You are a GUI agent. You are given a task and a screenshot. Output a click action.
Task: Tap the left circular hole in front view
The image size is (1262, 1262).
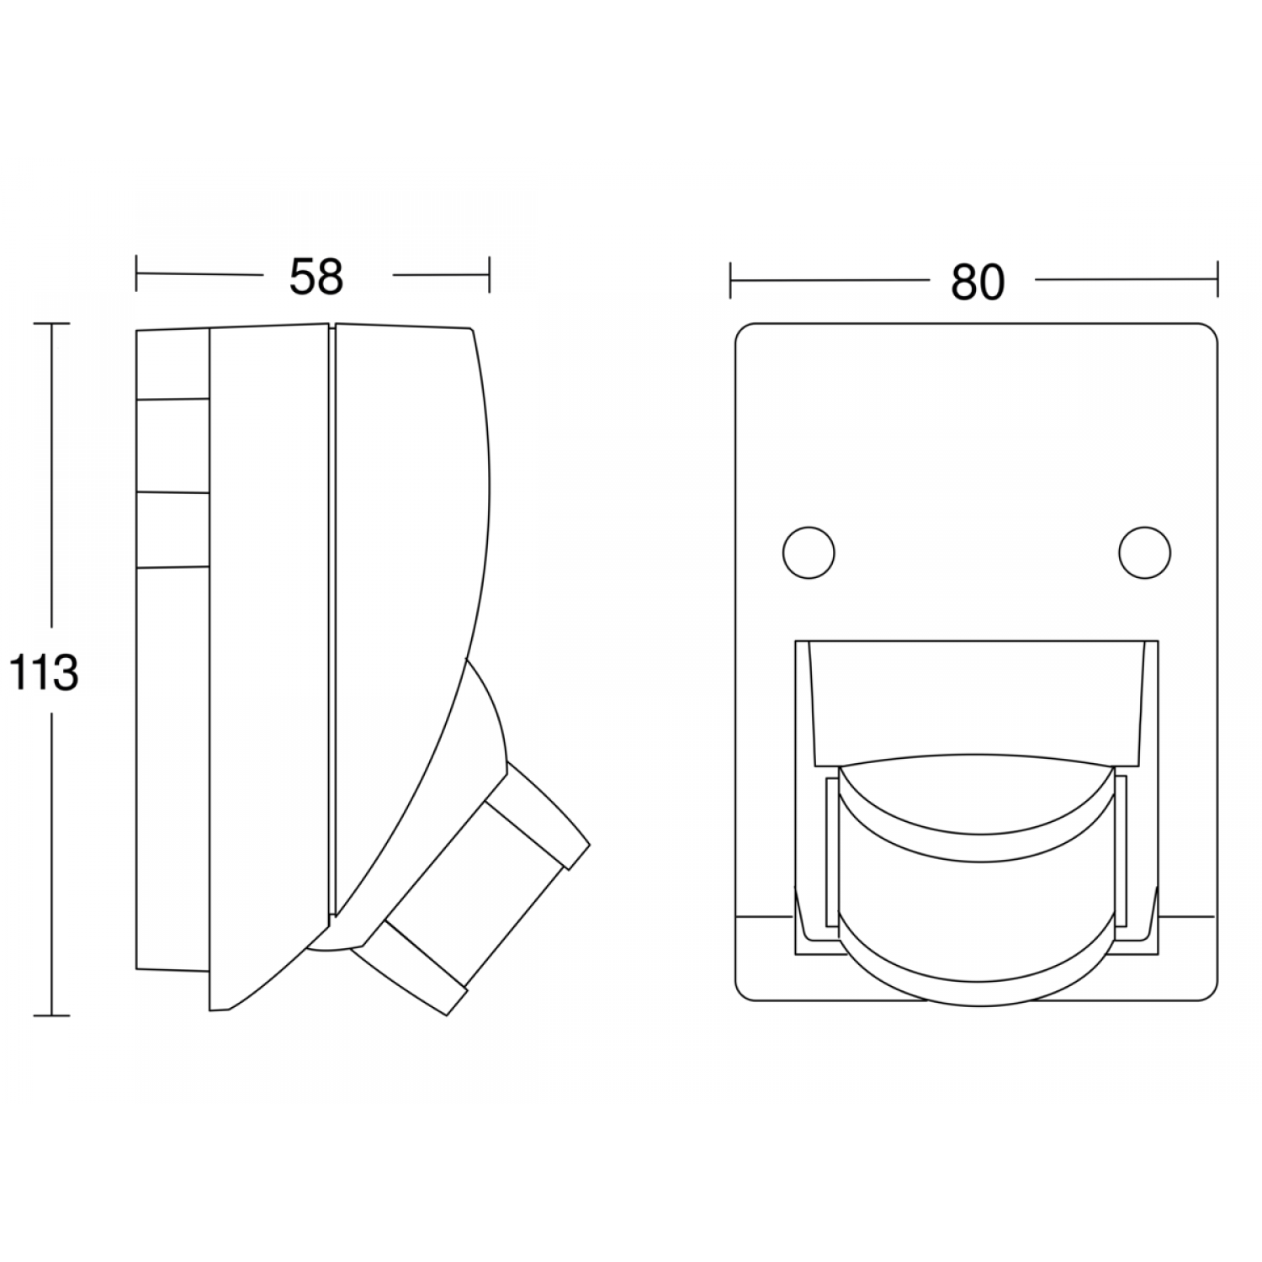point(809,553)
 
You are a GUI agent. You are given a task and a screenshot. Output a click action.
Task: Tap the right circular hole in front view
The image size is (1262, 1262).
point(1144,553)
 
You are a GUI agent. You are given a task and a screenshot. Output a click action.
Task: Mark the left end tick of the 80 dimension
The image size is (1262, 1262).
point(730,280)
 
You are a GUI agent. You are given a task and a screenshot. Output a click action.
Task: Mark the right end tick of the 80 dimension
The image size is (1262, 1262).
point(1217,280)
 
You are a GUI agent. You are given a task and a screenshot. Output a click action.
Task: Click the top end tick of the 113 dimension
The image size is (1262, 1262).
point(52,324)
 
